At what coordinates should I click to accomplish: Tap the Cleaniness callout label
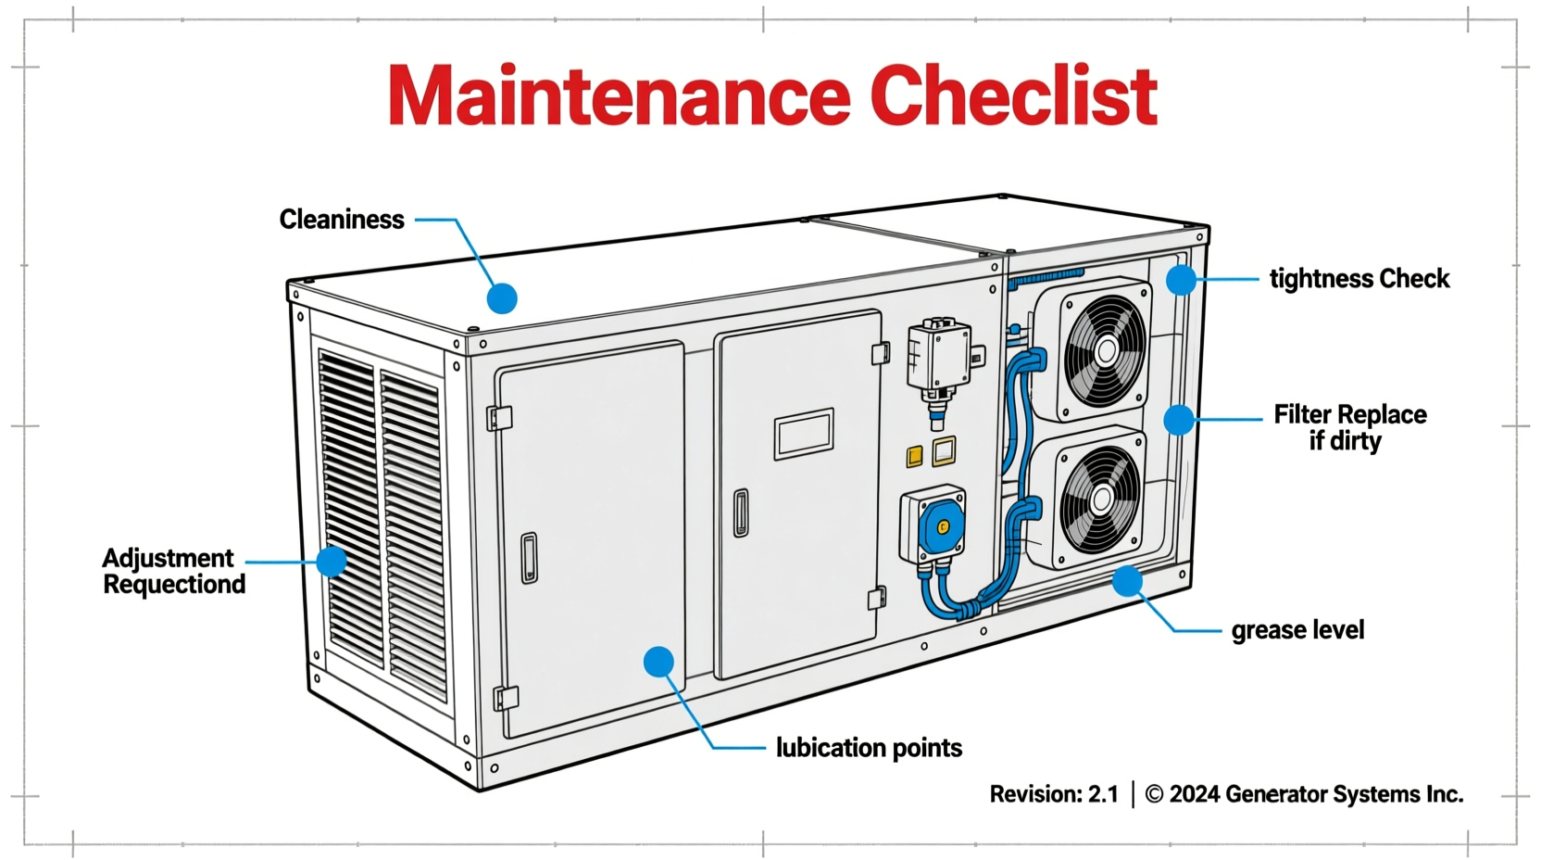point(342,220)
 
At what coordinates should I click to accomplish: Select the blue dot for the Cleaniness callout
point(502,298)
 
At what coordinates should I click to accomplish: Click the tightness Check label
point(1359,279)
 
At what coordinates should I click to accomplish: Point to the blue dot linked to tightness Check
point(1181,280)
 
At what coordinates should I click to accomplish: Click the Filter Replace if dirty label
point(1349,427)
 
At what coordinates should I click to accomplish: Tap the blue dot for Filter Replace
point(1178,420)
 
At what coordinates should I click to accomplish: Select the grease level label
point(1297,630)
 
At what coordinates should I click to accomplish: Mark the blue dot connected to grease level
point(1127,582)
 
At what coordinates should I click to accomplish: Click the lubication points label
point(869,748)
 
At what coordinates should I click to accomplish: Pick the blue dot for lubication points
point(658,662)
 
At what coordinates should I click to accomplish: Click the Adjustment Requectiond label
point(173,571)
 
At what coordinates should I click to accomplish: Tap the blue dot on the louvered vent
point(331,562)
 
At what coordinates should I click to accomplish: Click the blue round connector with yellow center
point(943,526)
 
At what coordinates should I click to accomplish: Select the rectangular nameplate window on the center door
point(804,434)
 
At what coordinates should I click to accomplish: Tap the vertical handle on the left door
point(529,557)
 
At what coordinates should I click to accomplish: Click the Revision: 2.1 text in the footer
point(1054,794)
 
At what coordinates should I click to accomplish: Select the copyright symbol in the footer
point(1154,794)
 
